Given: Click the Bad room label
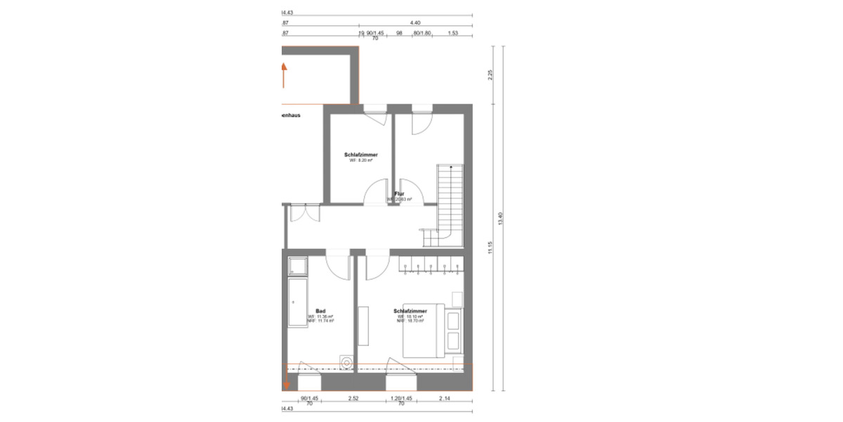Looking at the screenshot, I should tap(320, 311).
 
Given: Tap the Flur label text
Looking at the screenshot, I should tap(399, 193).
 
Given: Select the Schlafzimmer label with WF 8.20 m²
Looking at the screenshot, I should tap(361, 155).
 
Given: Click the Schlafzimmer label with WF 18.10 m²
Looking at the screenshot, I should tap(410, 311).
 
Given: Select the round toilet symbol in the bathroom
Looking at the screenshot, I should tap(346, 362).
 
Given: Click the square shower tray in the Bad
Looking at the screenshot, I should tap(297, 266).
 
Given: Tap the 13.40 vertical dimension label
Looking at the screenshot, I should tap(501, 218).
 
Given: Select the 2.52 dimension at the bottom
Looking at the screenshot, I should tap(353, 399).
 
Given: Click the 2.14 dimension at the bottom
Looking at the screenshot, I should tap(444, 399).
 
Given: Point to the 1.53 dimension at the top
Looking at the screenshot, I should tap(453, 33).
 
